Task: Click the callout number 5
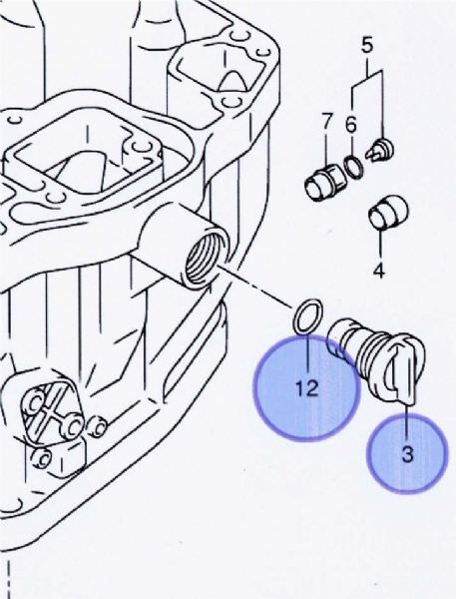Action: (x=366, y=45)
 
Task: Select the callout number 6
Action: (x=351, y=125)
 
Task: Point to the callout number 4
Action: (x=378, y=271)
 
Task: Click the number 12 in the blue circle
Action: (x=307, y=388)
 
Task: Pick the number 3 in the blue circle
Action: (x=407, y=454)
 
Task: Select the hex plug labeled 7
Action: (x=325, y=181)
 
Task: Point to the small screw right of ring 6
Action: (x=379, y=150)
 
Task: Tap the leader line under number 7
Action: (x=326, y=148)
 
